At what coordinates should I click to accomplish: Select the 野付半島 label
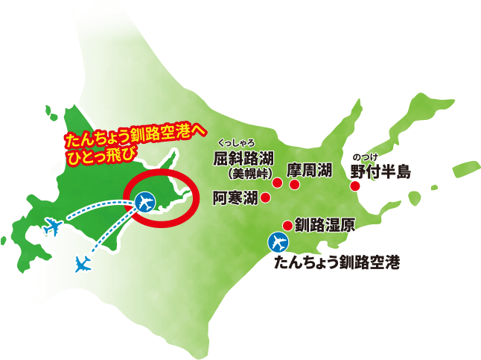380,171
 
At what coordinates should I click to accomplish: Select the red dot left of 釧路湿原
286,224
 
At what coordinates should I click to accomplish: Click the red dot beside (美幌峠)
277,183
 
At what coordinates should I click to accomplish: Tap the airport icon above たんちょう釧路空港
278,243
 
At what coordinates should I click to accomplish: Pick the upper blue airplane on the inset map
52,226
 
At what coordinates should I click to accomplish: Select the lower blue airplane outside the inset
84,262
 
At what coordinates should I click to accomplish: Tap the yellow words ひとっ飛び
92,154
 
